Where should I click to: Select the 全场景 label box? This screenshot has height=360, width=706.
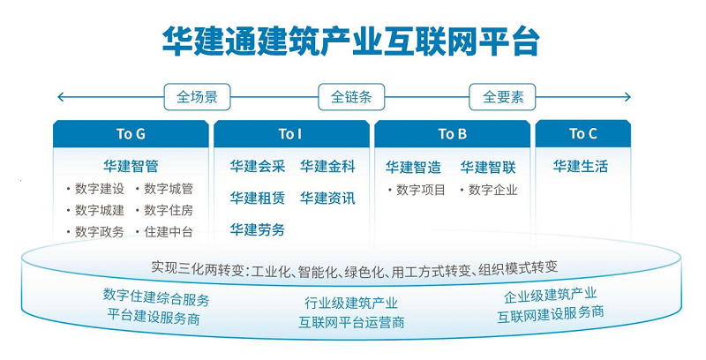pyautogui.click(x=197, y=97)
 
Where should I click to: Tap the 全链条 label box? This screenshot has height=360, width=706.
pyautogui.click(x=351, y=97)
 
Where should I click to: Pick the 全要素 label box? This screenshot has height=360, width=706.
pyautogui.click(x=502, y=97)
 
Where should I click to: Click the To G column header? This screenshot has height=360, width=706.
pyautogui.click(x=131, y=134)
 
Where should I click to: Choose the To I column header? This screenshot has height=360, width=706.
pyautogui.click(x=290, y=134)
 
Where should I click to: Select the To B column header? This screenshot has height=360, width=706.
pyautogui.click(x=452, y=134)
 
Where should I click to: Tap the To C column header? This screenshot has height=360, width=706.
pyautogui.click(x=582, y=134)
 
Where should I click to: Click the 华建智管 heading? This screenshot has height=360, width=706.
pyautogui.click(x=131, y=166)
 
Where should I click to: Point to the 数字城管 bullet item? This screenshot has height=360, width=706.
pyautogui.click(x=168, y=189)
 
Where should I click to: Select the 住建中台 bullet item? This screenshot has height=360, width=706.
pyautogui.click(x=168, y=232)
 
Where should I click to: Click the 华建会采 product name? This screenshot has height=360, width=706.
pyautogui.click(x=257, y=166)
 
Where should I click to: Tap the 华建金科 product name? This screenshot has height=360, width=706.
pyautogui.click(x=327, y=166)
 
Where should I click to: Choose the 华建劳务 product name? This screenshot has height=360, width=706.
pyautogui.click(x=257, y=229)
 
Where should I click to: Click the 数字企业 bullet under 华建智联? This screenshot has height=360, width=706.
pyautogui.click(x=492, y=189)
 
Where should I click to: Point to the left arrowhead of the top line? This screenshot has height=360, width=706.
pyautogui.click(x=59, y=97)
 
